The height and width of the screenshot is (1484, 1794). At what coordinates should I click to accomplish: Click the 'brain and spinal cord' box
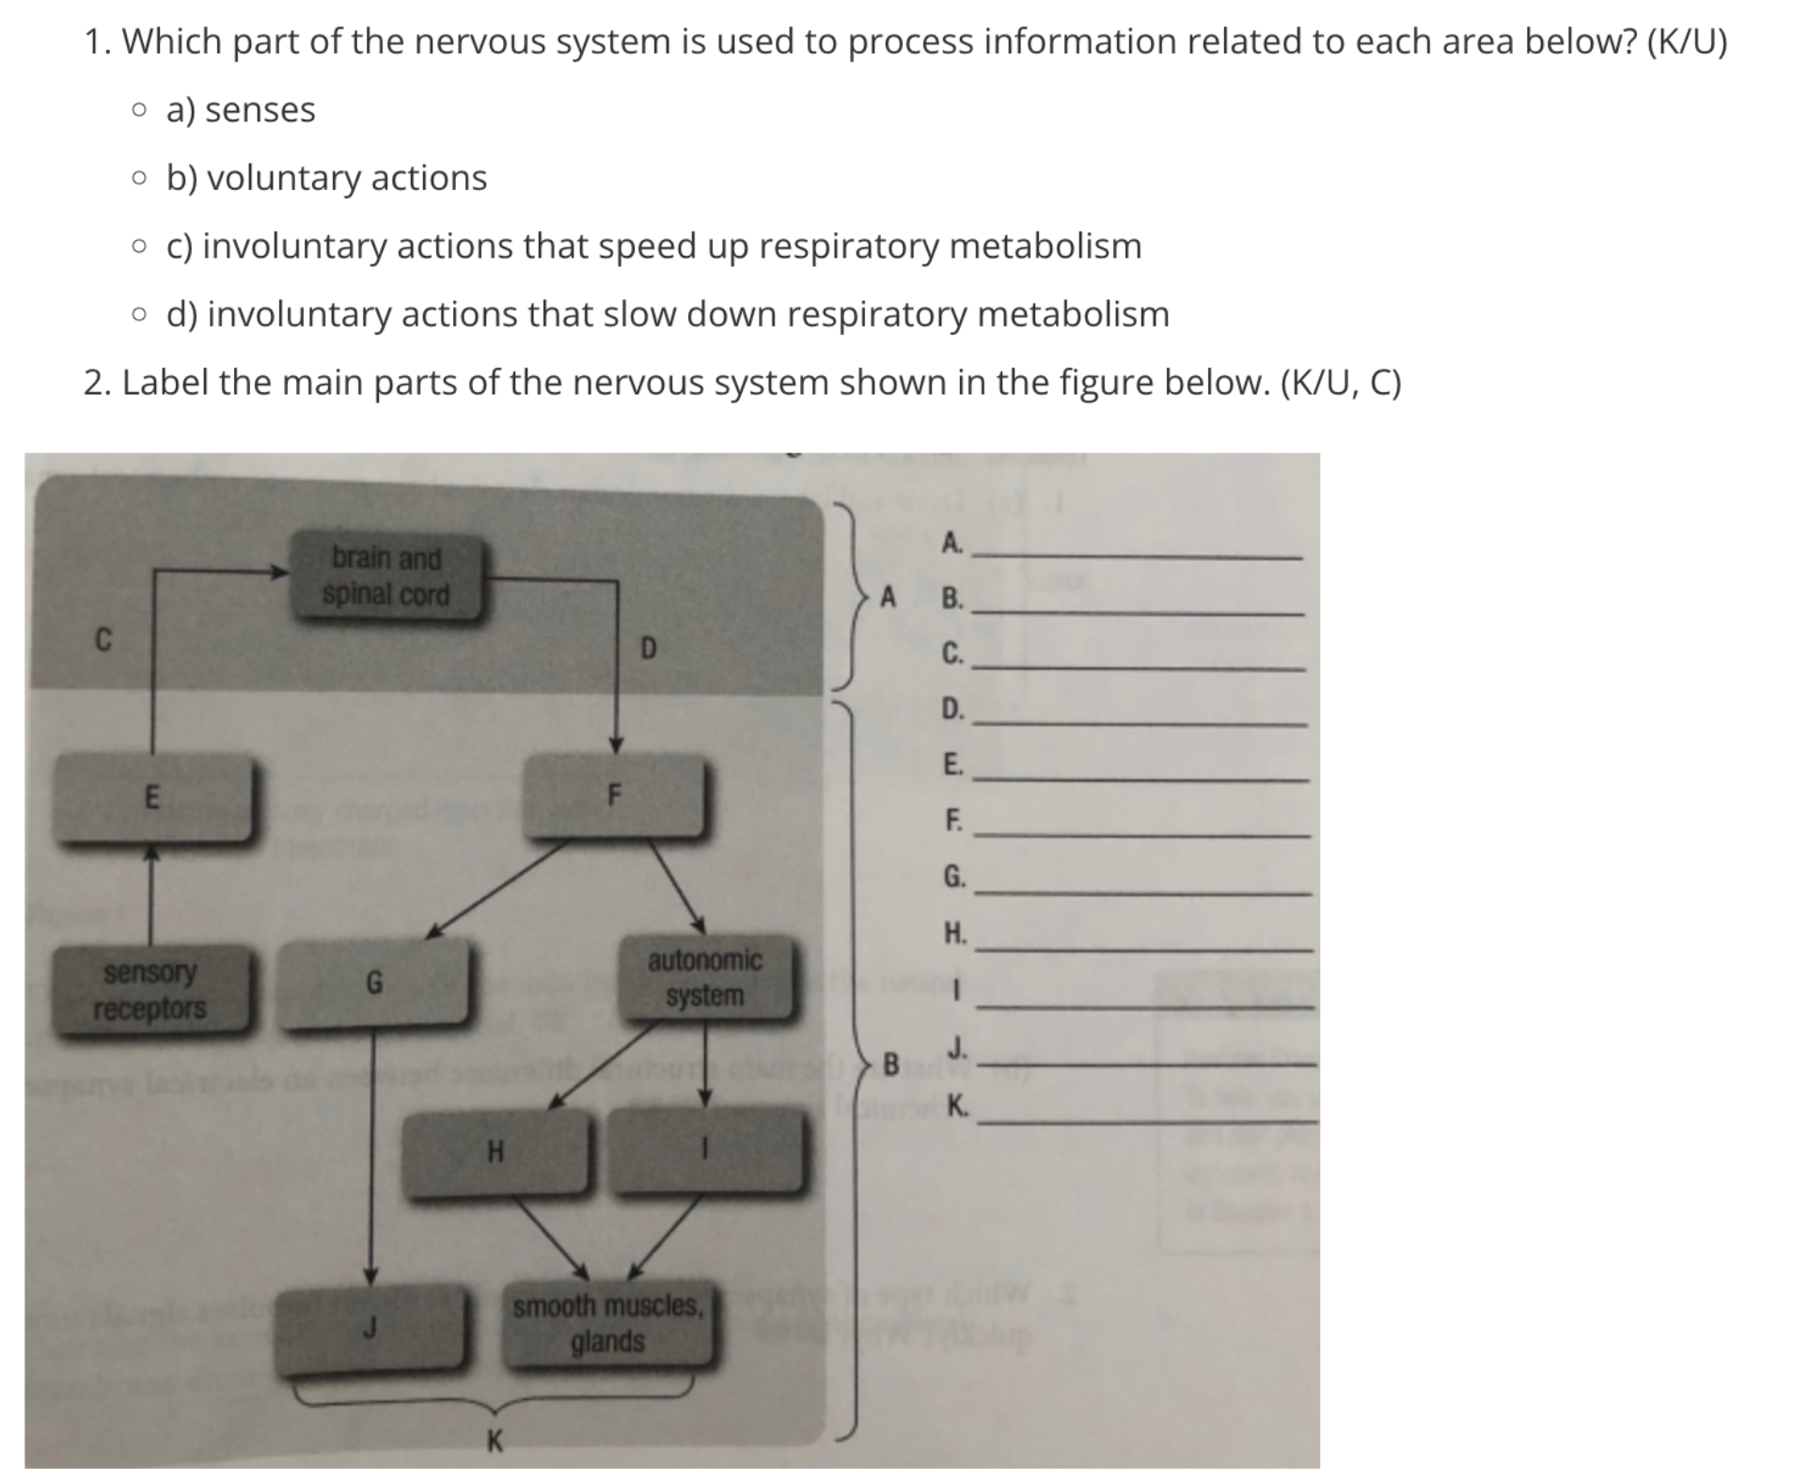coord(386,576)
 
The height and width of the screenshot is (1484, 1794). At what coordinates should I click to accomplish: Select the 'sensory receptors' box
coord(150,989)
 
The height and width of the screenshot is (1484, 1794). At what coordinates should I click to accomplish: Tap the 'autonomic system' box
coord(704,978)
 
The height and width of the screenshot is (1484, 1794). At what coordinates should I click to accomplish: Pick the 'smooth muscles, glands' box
coord(607,1323)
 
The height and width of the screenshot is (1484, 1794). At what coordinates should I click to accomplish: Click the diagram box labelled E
coord(152,797)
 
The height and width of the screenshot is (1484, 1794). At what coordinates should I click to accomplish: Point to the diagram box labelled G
coord(374,984)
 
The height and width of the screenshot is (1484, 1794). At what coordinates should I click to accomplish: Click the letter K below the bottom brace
coord(495,1440)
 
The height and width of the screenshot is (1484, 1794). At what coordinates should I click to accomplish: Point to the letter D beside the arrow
coord(648,648)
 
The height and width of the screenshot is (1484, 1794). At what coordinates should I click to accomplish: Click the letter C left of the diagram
coord(103,640)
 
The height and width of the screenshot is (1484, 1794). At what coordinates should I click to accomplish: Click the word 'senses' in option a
coord(260,110)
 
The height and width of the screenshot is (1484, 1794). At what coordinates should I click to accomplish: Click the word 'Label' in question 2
coord(165,383)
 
